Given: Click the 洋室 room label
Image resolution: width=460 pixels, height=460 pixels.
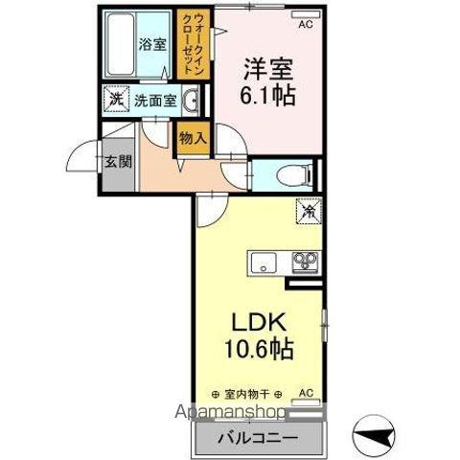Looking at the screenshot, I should [x=267, y=71].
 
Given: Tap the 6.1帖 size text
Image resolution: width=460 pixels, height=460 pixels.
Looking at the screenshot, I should [x=267, y=96].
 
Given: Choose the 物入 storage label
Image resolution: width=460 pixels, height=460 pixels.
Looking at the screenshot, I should [x=193, y=138].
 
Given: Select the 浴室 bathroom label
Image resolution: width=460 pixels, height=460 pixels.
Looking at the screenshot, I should [x=150, y=44].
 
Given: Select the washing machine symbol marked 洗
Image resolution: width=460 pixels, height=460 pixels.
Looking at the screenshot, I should [x=115, y=99].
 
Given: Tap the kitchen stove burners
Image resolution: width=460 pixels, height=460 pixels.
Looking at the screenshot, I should [x=306, y=261].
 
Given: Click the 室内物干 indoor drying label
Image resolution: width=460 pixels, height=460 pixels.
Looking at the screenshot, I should [x=250, y=394].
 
